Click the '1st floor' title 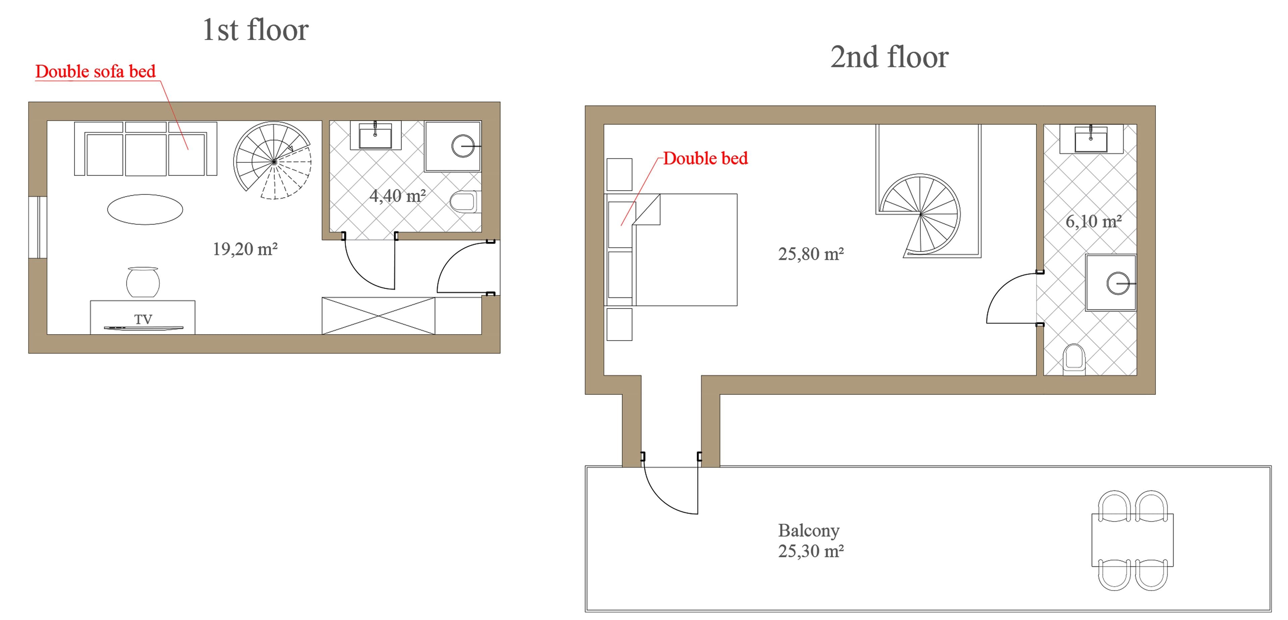(x=256, y=30)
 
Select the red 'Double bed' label (x=705, y=158)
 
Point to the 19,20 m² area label (x=245, y=249)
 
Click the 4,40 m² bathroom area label (x=397, y=196)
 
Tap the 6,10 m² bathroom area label (x=1093, y=221)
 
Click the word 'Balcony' (x=808, y=530)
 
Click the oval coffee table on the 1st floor (x=145, y=209)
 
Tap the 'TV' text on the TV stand (x=143, y=319)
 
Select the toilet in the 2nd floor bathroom (x=1073, y=358)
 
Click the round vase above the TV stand (x=143, y=283)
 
